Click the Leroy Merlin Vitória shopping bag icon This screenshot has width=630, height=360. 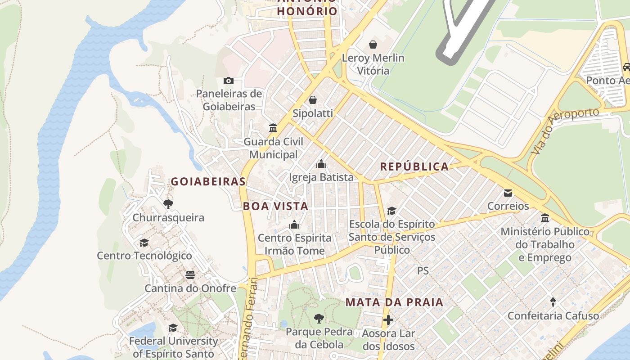(373, 45)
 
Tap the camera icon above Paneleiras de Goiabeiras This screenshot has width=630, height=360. (229, 81)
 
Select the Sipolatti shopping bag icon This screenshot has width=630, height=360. (312, 100)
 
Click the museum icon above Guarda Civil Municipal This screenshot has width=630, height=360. (273, 128)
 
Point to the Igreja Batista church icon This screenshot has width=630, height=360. (321, 164)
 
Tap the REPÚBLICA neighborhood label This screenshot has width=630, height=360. (414, 166)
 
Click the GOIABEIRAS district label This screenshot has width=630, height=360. (208, 181)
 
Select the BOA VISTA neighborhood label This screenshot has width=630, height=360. (275, 206)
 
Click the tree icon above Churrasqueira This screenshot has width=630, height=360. (168, 204)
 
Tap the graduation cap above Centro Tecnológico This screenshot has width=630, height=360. (144, 243)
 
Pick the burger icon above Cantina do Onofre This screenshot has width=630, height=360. (190, 275)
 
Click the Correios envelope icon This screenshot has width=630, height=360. (508, 193)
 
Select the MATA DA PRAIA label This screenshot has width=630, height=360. (394, 302)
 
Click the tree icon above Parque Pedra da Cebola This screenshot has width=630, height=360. (319, 319)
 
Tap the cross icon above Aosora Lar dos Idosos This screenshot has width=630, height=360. (388, 320)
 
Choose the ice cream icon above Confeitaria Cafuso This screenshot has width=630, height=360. (553, 302)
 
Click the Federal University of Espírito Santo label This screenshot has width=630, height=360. (173, 347)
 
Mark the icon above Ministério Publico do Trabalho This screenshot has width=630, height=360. (545, 218)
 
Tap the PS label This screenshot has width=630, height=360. (423, 270)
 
